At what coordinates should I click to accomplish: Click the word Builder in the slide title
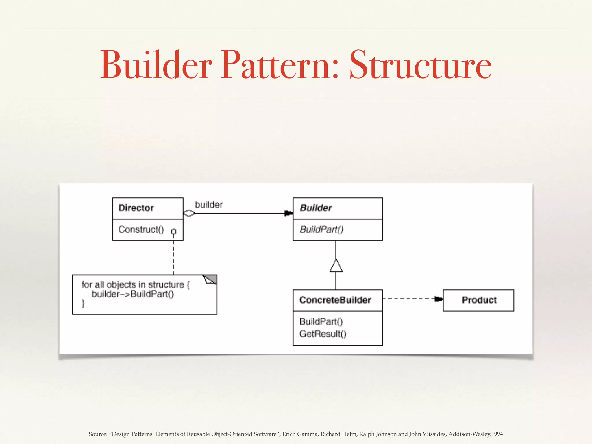[156, 65]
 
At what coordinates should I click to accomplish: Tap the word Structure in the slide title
[421, 65]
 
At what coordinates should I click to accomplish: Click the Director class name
[136, 208]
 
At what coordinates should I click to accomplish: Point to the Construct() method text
[141, 230]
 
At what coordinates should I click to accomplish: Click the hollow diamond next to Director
[189, 214]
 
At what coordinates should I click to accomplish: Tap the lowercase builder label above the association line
[209, 205]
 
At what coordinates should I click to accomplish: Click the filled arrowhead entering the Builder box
[288, 214]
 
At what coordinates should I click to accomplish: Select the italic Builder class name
[316, 208]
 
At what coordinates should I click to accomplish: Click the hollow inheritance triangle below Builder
[336, 266]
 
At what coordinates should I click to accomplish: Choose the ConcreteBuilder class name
[335, 300]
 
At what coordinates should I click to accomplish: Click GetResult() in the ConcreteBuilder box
[323, 334]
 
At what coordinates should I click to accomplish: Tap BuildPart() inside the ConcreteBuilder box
[321, 321]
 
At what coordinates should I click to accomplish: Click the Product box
[479, 300]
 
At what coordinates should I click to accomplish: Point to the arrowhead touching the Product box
[439, 299]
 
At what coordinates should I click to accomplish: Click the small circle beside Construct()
[174, 232]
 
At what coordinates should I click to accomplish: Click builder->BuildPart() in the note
[133, 294]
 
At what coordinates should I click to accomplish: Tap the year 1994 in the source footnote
[497, 434]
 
